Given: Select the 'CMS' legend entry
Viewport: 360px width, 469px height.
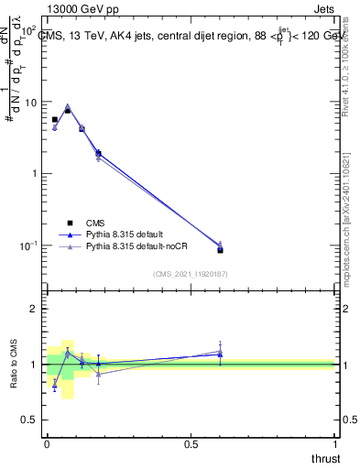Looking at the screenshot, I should pos(100,222).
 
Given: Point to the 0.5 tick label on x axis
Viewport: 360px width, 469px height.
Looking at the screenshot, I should pos(191,444).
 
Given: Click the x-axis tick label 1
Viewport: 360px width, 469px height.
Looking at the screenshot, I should pos(335,444).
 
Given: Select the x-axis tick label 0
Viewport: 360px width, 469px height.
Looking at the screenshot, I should pos(47,444).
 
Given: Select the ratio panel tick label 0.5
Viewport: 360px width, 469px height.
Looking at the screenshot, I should pos(32,420).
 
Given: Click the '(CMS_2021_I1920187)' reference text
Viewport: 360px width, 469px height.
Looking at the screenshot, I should pos(191,272).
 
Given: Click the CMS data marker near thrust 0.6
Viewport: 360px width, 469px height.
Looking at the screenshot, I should pos(220,249).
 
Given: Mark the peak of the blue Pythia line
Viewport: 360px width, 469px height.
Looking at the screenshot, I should pos(68,106).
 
